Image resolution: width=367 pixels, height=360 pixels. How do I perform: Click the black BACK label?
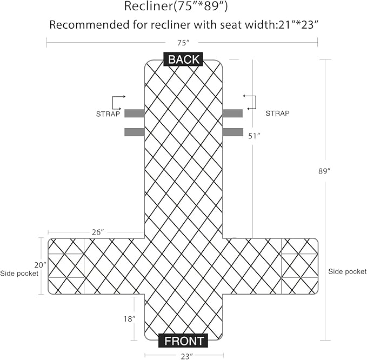pyautogui.click(x=183, y=59)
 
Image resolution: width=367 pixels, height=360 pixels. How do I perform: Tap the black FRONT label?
pyautogui.click(x=183, y=341)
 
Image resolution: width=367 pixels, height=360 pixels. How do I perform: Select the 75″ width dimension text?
pyautogui.click(x=183, y=43)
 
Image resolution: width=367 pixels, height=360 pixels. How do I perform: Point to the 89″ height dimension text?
pyautogui.click(x=324, y=171)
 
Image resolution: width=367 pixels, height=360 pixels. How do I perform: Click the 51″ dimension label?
pyautogui.click(x=255, y=136)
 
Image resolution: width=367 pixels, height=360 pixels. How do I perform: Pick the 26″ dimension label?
pyautogui.click(x=98, y=232)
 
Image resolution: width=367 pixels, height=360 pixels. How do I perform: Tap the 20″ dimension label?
pyautogui.click(x=41, y=265)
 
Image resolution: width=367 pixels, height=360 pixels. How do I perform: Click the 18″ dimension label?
pyautogui.click(x=129, y=318)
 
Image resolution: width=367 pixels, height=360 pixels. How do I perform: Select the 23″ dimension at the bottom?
pyautogui.click(x=187, y=356)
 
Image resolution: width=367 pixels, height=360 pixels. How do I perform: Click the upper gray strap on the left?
pyautogui.click(x=135, y=114)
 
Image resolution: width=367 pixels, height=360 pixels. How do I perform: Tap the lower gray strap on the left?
pyautogui.click(x=135, y=132)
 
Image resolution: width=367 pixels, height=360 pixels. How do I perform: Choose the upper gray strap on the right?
pyautogui.click(x=232, y=114)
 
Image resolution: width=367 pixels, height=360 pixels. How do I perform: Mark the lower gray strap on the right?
pyautogui.click(x=232, y=132)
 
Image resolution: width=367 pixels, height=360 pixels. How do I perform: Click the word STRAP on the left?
pyautogui.click(x=108, y=114)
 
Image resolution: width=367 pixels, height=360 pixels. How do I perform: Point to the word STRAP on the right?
pyautogui.click(x=277, y=114)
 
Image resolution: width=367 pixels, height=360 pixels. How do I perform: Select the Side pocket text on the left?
pyautogui.click(x=19, y=273)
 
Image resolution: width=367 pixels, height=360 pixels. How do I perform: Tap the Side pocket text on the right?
pyautogui.click(x=348, y=271)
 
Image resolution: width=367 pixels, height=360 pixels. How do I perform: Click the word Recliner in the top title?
pyautogui.click(x=148, y=6)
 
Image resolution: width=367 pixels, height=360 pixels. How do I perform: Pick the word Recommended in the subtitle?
pyautogui.click(x=89, y=25)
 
